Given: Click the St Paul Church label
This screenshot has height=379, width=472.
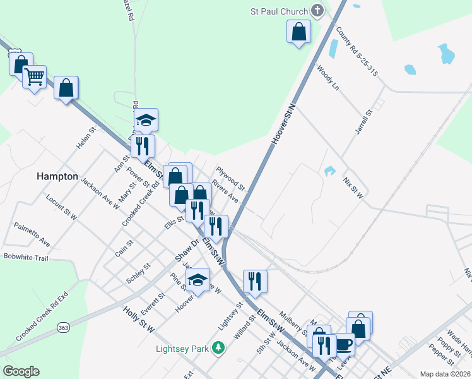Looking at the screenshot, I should (x=278, y=11).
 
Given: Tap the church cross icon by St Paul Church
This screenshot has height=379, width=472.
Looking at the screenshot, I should (x=317, y=11).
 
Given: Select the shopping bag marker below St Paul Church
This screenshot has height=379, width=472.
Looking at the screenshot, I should (x=299, y=32).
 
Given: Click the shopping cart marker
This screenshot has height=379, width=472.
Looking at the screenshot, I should (x=35, y=77).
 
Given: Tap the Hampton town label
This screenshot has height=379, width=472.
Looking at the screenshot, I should (x=57, y=177).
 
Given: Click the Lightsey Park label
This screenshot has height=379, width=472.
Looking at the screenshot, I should (x=184, y=348).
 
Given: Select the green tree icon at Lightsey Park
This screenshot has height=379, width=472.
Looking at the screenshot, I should (x=218, y=347).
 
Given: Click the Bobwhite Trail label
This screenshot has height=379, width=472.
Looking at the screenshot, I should (x=26, y=257).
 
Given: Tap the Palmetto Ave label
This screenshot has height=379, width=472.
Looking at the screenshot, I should (x=32, y=234).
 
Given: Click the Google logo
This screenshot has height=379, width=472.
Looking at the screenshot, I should (x=21, y=371).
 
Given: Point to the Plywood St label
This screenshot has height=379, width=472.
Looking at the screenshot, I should (x=230, y=179).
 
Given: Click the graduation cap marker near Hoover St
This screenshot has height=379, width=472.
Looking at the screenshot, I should (x=198, y=280).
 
